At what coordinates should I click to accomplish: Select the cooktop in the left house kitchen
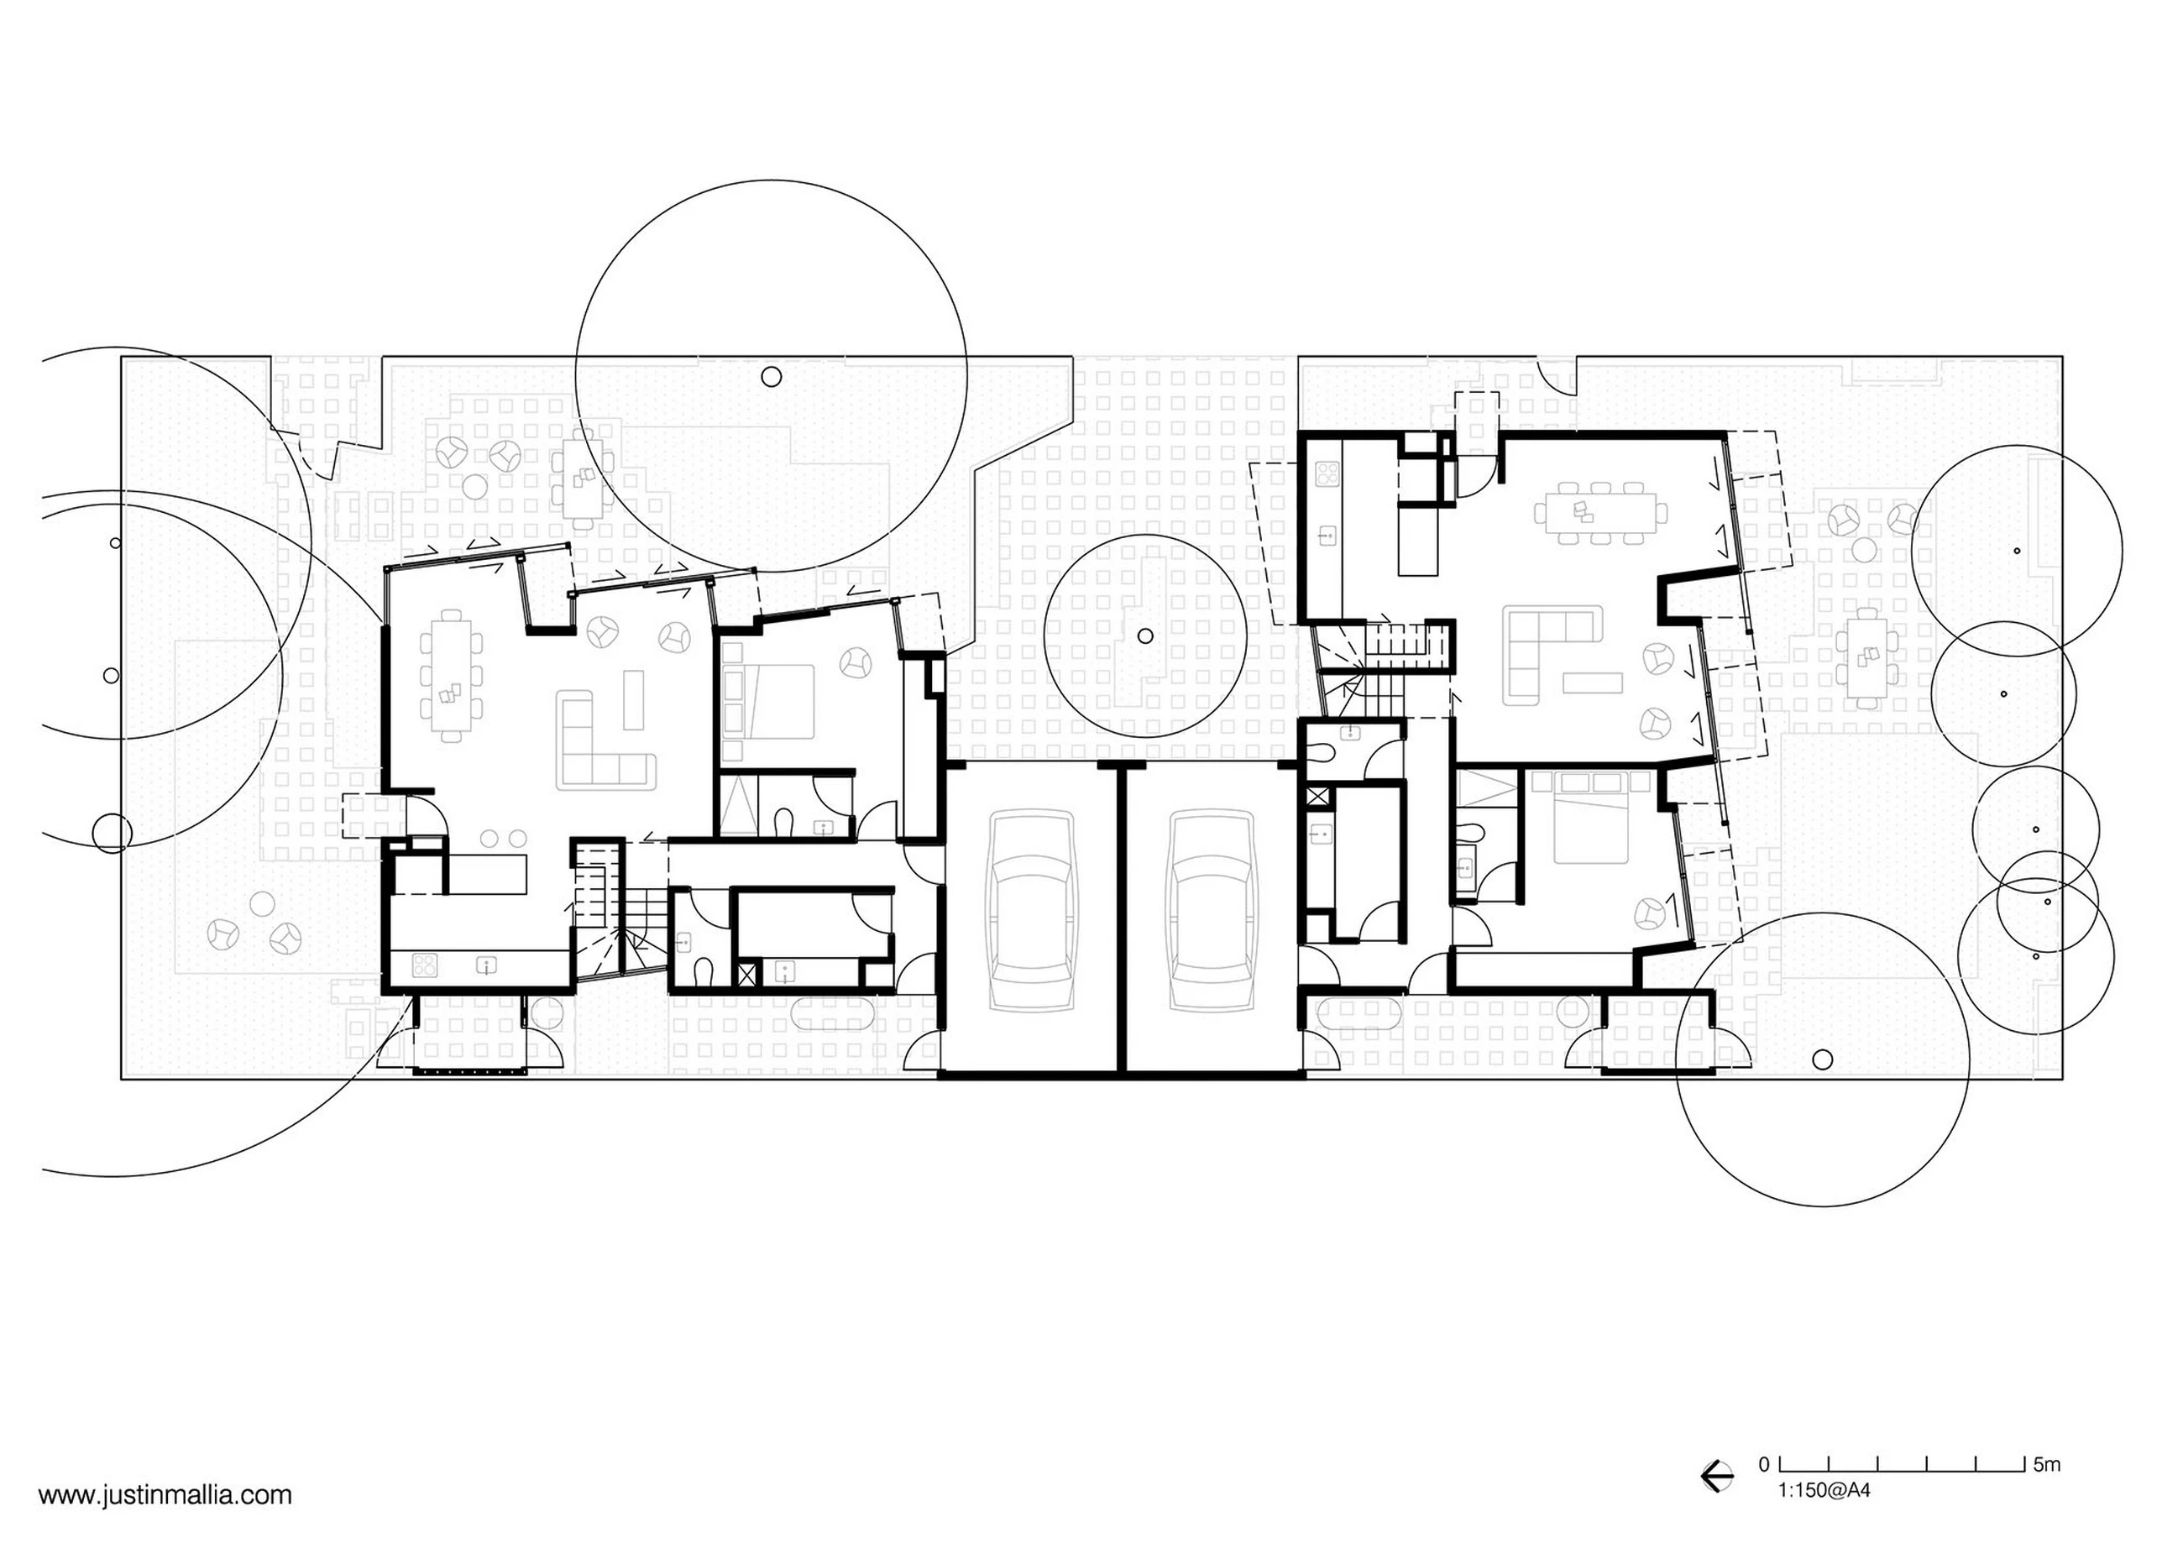(424, 966)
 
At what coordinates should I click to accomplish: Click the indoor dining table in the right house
(1600, 514)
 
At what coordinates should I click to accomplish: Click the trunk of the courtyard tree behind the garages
(1144, 636)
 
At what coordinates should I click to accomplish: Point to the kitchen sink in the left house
(487, 967)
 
